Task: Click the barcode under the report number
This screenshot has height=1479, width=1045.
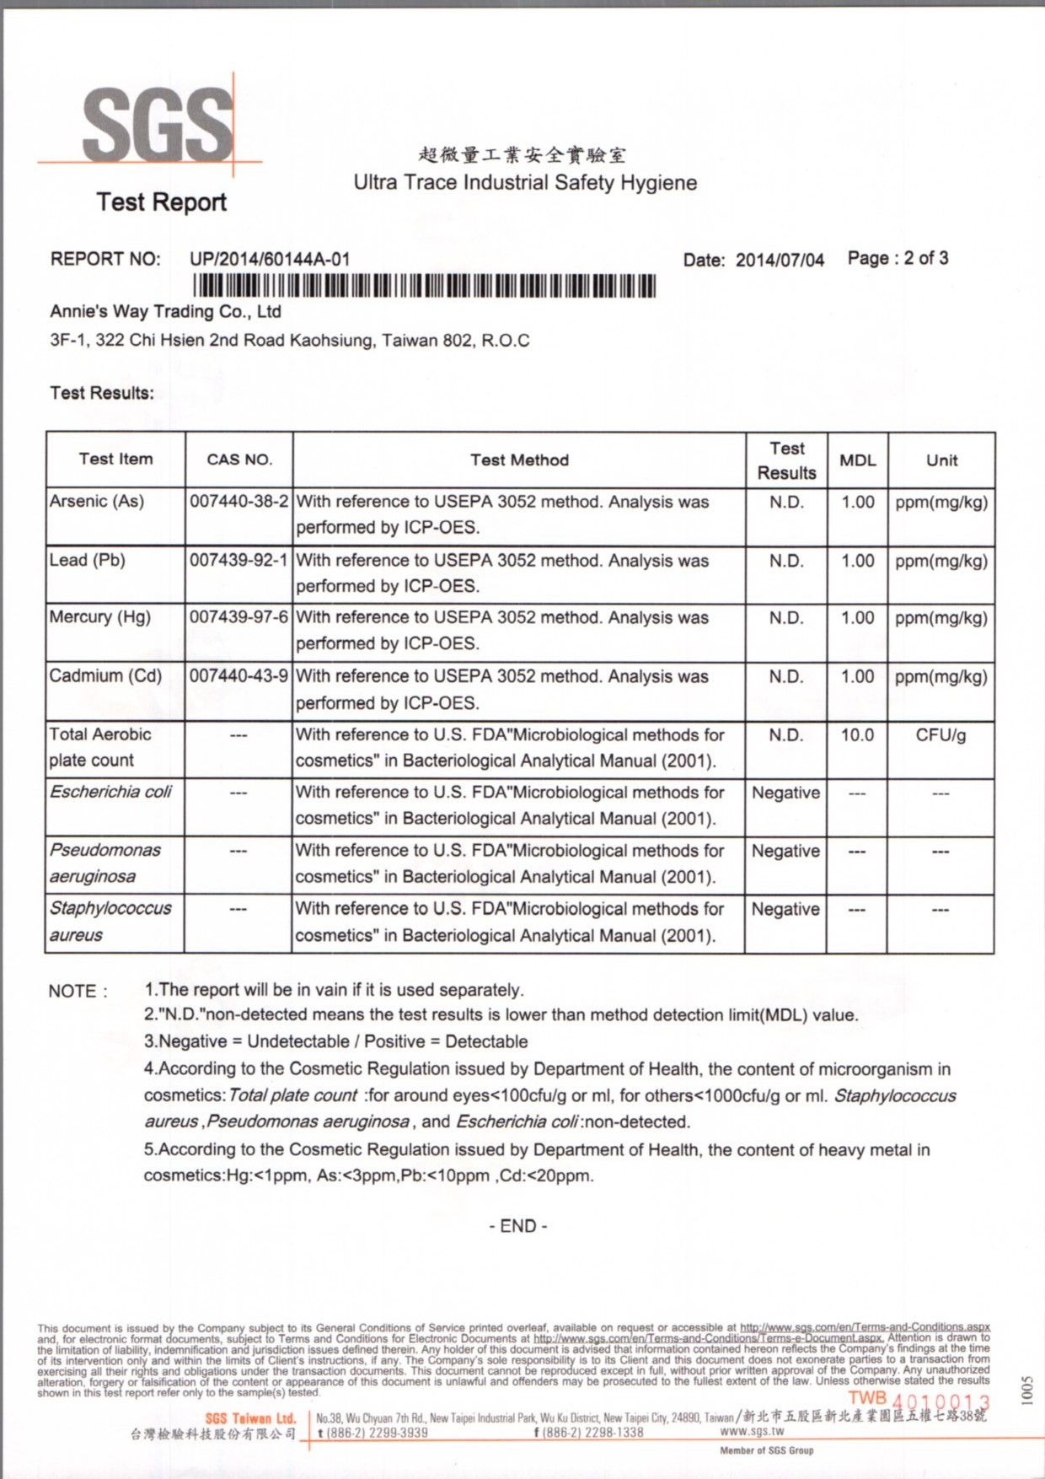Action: click(424, 287)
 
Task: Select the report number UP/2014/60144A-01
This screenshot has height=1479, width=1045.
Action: click(270, 259)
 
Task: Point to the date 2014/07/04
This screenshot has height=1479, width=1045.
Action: click(780, 260)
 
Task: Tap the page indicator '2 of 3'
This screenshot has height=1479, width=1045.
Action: click(925, 258)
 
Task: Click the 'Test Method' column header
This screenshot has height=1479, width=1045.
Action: click(519, 460)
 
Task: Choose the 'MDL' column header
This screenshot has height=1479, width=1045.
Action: click(857, 460)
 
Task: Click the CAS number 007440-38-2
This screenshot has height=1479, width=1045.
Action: click(239, 502)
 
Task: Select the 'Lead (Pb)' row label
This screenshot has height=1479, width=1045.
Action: click(88, 560)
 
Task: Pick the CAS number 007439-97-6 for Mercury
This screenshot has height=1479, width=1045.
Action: click(239, 617)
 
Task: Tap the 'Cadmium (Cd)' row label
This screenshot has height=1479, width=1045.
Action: click(105, 675)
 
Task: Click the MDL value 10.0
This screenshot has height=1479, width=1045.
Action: click(857, 735)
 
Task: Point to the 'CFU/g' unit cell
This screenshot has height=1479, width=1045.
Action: click(940, 735)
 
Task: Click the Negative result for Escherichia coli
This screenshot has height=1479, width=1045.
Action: click(785, 793)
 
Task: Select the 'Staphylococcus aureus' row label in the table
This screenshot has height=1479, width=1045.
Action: click(110, 921)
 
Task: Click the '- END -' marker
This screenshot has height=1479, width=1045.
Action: click(517, 1226)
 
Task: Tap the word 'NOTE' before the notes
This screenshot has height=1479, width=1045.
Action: click(72, 991)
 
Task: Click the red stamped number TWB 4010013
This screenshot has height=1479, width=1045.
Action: click(919, 1401)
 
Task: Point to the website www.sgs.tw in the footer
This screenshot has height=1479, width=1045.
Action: click(752, 1431)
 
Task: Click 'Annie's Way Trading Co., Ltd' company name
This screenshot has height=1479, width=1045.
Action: click(165, 312)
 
